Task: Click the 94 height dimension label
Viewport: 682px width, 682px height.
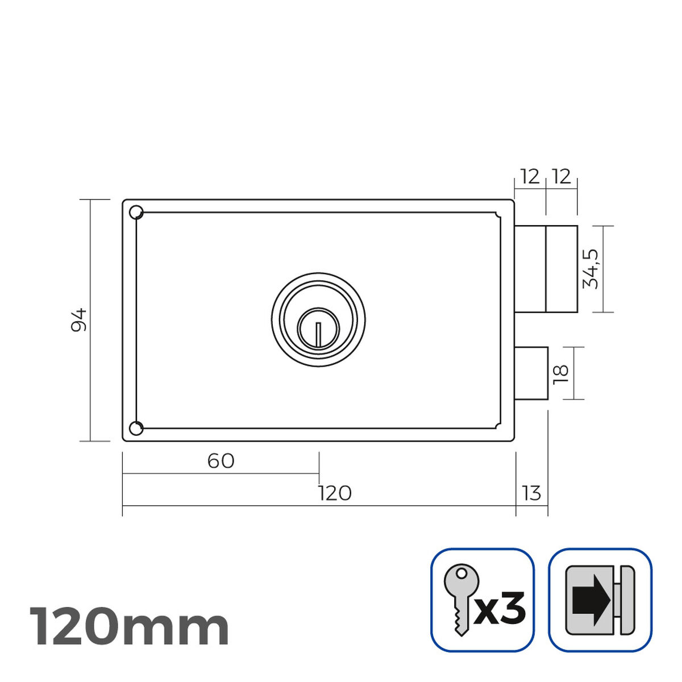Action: [x=79, y=320]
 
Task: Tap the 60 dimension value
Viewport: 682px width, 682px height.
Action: [x=221, y=461]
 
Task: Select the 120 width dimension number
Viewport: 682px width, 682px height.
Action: [x=335, y=493]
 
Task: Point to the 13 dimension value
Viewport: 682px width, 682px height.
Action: [x=531, y=493]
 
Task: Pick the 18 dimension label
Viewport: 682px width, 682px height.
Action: [x=560, y=372]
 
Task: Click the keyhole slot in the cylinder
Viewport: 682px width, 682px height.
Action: [x=318, y=334]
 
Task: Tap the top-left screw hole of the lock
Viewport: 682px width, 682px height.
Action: [x=136, y=213]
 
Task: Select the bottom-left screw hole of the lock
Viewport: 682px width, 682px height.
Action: [x=136, y=428]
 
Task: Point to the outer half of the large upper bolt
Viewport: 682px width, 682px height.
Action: [x=562, y=269]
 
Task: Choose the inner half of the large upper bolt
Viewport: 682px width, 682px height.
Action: [x=531, y=269]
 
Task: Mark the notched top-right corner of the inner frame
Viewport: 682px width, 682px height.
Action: [x=498, y=215]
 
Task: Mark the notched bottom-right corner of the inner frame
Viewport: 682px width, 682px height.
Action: [x=498, y=425]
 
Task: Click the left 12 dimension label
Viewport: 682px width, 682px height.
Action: [x=530, y=177]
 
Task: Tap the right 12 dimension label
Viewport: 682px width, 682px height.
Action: [x=561, y=177]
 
